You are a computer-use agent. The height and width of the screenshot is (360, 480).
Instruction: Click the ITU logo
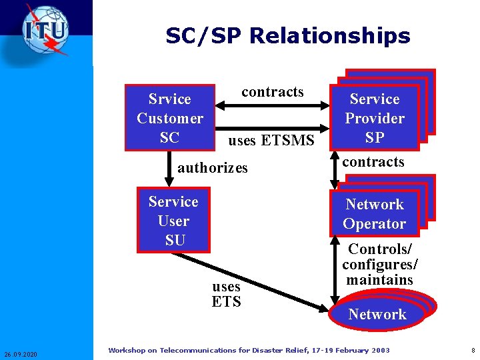[x=45, y=30]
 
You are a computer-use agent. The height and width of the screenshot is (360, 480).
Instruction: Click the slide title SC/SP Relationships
[x=288, y=35]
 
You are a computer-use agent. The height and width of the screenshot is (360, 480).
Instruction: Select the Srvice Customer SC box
[x=170, y=118]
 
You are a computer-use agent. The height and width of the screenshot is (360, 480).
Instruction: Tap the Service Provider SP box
[x=375, y=118]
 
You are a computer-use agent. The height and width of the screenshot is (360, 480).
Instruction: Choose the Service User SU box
[x=173, y=221]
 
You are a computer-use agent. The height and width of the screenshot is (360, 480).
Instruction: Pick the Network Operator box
[x=374, y=214]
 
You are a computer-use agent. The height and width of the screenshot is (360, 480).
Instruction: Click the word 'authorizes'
[x=213, y=168]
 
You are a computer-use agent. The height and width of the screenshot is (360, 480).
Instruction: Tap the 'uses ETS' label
[x=226, y=294]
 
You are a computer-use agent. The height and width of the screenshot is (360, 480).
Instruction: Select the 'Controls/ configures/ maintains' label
[x=380, y=264]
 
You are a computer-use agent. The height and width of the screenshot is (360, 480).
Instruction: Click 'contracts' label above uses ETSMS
[x=272, y=92]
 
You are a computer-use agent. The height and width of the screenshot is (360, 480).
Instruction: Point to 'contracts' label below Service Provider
[x=373, y=162]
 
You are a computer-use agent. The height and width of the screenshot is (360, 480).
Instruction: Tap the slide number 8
[x=472, y=350]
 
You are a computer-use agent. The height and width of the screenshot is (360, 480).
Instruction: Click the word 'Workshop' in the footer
[x=132, y=350]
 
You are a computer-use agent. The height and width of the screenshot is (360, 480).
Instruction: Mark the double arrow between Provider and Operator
[x=335, y=171]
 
